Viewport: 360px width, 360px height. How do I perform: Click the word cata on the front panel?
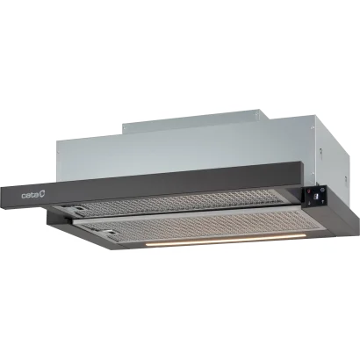point(30,195)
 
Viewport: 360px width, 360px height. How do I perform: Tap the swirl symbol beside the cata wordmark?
point(42,194)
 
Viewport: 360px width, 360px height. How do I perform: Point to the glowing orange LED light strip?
point(226,239)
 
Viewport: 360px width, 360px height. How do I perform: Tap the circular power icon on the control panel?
point(322,190)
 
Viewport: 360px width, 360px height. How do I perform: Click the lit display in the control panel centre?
point(315,197)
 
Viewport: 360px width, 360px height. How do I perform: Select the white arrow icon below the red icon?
point(309,202)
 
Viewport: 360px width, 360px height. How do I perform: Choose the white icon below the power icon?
point(323,201)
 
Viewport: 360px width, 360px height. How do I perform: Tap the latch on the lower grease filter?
point(109,233)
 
